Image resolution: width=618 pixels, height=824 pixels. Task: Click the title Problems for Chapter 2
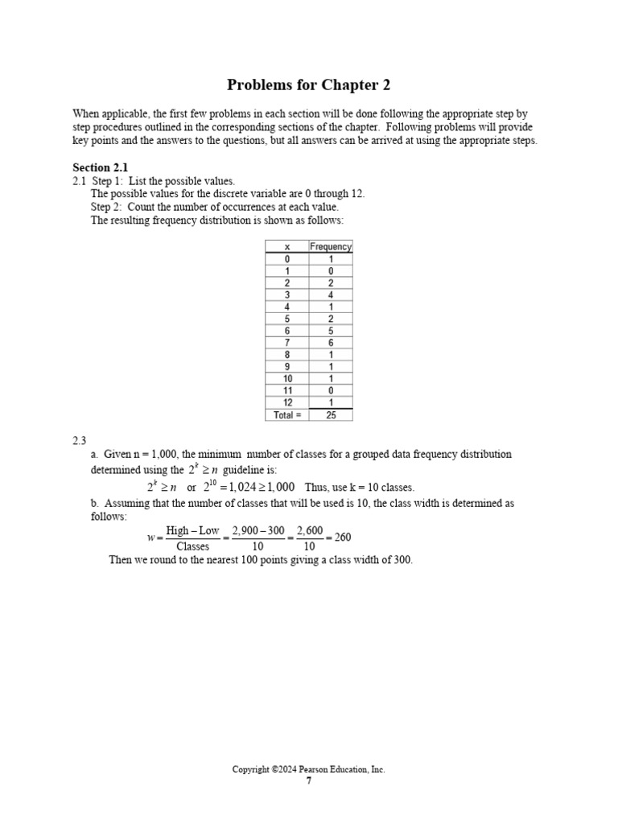308,84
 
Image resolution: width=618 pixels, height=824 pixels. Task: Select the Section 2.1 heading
100,167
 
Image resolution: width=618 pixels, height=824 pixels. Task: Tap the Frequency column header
331,247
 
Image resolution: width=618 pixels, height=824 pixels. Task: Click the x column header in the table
287,247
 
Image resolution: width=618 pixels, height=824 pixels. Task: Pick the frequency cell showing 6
331,343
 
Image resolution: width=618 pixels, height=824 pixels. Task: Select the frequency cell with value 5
331,331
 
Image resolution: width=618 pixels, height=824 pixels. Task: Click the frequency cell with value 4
331,295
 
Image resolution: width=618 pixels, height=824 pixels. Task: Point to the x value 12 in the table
287,402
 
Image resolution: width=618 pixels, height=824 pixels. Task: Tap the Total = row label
287,415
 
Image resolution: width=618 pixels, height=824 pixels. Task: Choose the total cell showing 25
331,415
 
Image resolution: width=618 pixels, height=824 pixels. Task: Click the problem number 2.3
79,440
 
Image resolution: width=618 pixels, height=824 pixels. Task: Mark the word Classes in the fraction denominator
192,546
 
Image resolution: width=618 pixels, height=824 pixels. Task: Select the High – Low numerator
192,531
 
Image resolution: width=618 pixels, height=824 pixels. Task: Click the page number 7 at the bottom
308,781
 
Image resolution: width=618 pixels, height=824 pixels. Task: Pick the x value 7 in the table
287,343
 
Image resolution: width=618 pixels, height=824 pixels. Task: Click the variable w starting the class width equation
150,538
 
